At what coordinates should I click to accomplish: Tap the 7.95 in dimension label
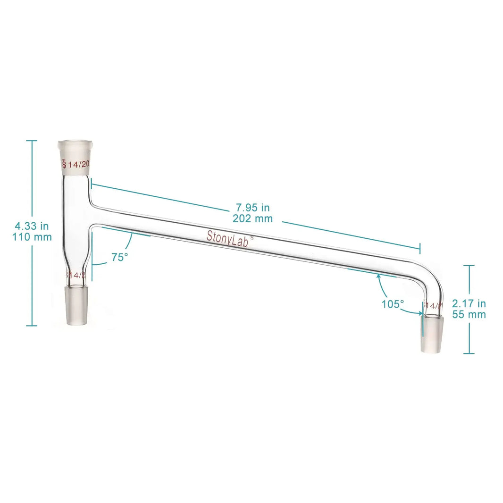(x=253, y=207)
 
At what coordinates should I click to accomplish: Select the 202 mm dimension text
(x=253, y=218)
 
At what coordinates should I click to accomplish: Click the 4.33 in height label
(x=32, y=226)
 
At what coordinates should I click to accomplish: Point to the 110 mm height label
(x=32, y=237)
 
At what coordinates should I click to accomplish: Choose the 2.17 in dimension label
(x=469, y=303)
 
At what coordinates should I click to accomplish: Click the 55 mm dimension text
(x=469, y=315)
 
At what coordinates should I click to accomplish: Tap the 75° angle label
(x=119, y=257)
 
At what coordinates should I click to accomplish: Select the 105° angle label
(x=393, y=304)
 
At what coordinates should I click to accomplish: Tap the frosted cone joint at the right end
(x=433, y=334)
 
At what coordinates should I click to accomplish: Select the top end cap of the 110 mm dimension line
(x=32, y=141)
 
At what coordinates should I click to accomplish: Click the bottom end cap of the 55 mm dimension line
(x=469, y=353)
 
